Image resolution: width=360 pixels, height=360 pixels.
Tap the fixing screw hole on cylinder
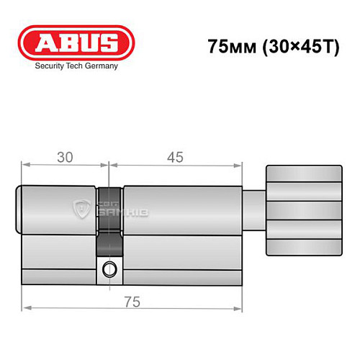click(109, 271)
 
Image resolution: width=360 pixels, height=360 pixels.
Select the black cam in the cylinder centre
click(109, 220)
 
